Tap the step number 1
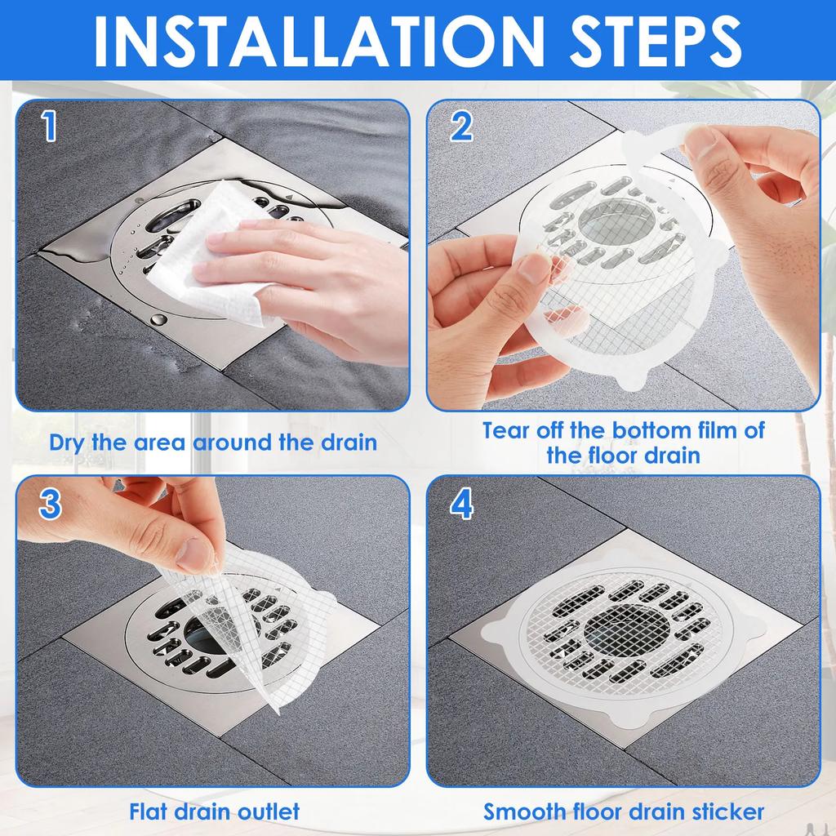click(50, 127)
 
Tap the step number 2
click(461, 127)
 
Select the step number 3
click(50, 504)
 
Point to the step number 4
click(461, 505)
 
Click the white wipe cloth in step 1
click(204, 253)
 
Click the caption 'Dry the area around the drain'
click(213, 442)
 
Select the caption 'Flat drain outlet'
click(214, 812)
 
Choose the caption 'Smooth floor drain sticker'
click(624, 812)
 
